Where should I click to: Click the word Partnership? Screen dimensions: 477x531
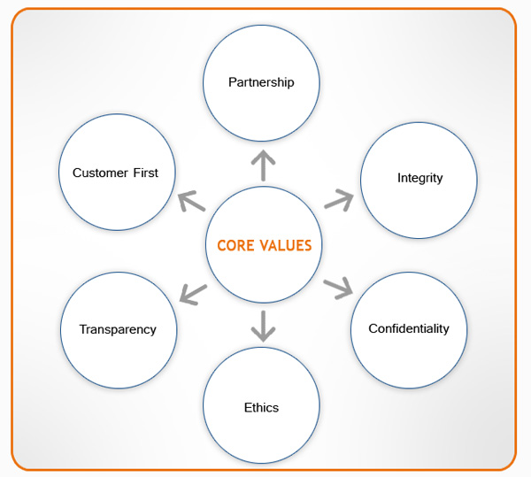261,82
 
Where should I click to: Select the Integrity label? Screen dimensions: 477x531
419,178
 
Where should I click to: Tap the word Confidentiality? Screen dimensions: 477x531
409,328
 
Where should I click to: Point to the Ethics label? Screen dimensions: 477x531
261,408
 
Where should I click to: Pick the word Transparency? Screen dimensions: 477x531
118,329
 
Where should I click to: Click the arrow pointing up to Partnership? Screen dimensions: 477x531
263,165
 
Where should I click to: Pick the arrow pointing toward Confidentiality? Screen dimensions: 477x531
338,288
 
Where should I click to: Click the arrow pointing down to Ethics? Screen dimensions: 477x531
262,325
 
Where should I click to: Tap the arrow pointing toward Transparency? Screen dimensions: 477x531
192,291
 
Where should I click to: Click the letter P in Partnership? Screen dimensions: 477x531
232,82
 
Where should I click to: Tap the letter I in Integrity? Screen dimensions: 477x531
399,178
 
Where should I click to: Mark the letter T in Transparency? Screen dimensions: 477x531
82,329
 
